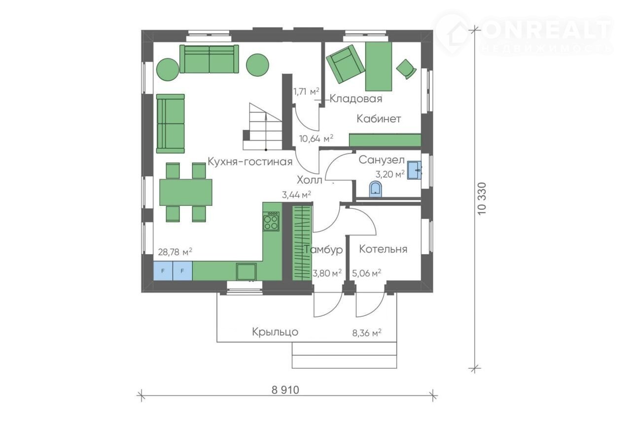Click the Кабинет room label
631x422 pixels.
(379, 119)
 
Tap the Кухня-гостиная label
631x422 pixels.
(250, 161)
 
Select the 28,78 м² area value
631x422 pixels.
(175, 252)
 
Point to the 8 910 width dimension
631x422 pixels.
(285, 390)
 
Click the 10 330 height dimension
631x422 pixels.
(482, 198)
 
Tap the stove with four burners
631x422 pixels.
(271, 221)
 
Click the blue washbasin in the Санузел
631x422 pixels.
(415, 170)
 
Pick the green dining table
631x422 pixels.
(186, 192)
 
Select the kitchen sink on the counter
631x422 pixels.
(246, 271)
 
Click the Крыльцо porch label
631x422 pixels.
(275, 332)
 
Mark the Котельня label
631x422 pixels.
(383, 249)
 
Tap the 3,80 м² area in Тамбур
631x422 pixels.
(327, 273)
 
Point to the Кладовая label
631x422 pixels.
(356, 99)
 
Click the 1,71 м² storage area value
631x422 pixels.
(306, 91)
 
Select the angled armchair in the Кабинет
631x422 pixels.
(345, 64)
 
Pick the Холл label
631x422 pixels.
(309, 180)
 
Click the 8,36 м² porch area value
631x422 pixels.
(367, 333)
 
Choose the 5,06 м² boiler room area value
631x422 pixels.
(366, 273)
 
